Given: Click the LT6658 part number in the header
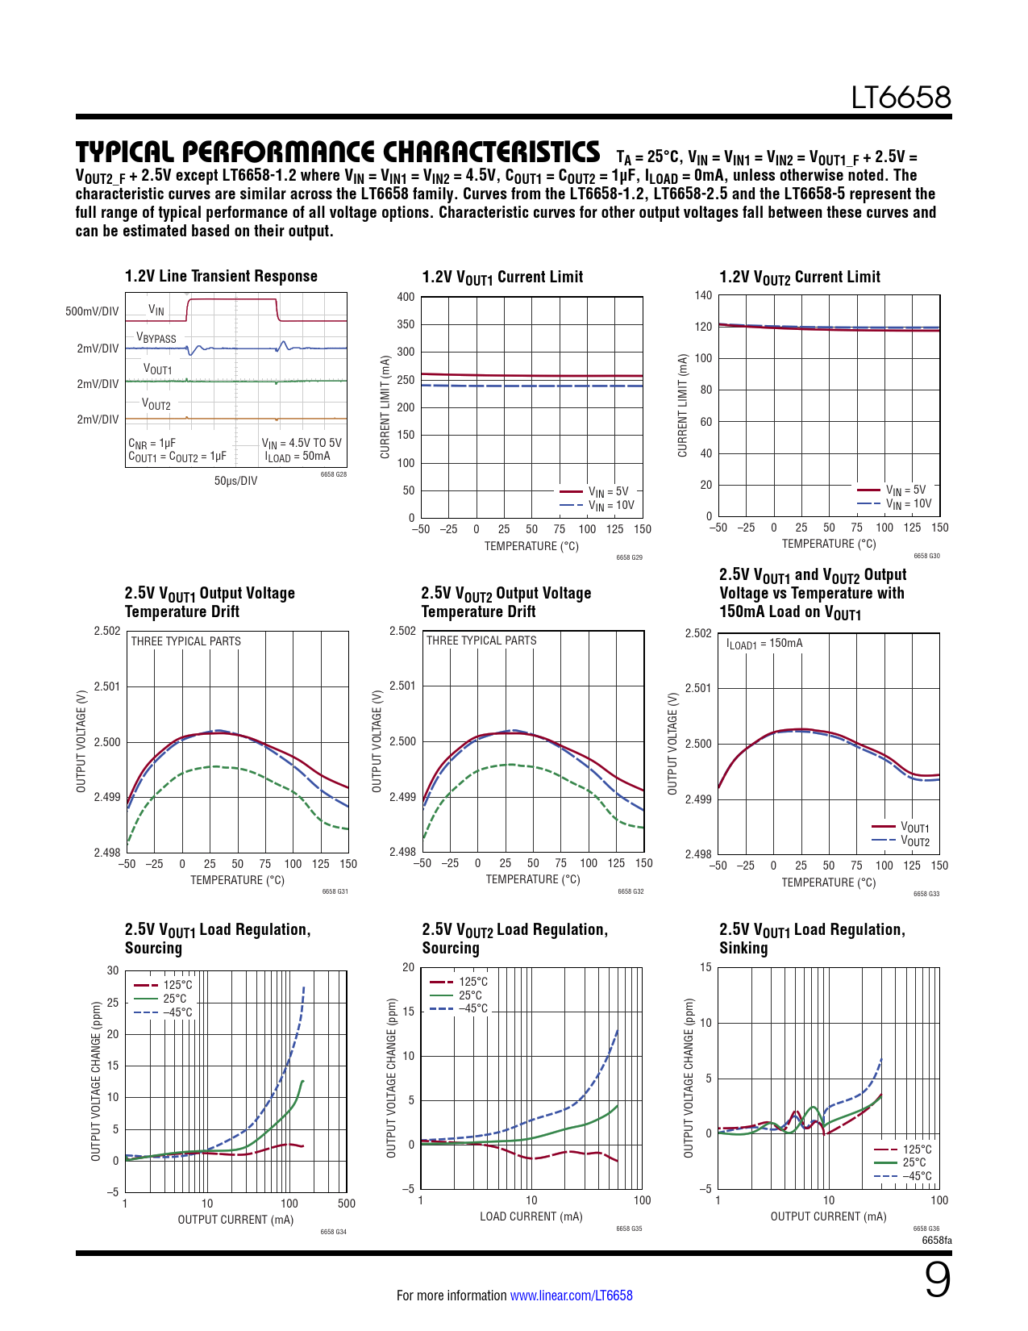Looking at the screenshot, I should click(901, 98).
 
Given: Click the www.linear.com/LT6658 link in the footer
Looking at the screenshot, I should click(571, 1296).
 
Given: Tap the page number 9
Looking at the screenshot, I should click(937, 1281).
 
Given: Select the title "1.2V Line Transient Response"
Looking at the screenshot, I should click(221, 276).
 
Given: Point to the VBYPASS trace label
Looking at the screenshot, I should click(156, 337).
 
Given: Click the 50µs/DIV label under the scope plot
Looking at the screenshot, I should click(235, 481).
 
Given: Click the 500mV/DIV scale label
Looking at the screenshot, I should click(92, 311).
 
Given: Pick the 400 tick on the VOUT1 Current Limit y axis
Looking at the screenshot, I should click(406, 297).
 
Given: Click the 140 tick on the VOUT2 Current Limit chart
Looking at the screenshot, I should click(703, 295).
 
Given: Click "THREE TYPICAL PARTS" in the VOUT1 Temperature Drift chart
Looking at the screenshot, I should click(185, 641).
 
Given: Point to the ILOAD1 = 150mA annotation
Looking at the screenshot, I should click(764, 644).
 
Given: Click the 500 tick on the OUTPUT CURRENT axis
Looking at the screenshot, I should click(346, 1204).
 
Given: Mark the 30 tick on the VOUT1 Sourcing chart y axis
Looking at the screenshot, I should click(113, 970).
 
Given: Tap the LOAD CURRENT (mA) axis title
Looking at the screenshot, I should click(531, 1216).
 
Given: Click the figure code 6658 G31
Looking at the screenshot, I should click(335, 891).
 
